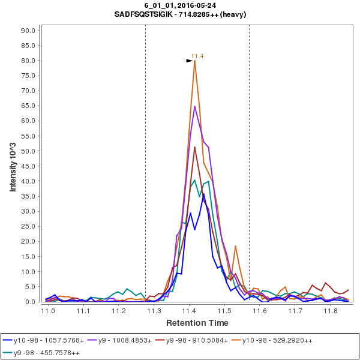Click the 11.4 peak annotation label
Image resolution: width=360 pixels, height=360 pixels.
point(197,56)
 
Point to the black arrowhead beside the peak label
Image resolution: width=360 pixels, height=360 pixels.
point(189,60)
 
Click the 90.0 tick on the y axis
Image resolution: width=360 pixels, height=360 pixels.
point(30,30)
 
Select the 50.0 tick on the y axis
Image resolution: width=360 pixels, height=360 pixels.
point(30,151)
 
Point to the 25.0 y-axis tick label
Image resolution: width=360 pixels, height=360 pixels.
point(30,226)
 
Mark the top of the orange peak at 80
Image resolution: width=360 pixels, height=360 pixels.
point(195,61)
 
